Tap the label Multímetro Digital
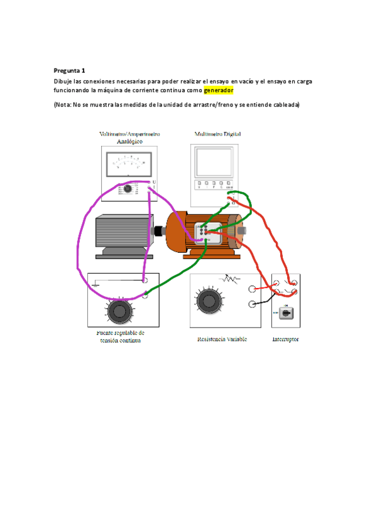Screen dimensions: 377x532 [217, 134]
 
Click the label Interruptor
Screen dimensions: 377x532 [285, 339]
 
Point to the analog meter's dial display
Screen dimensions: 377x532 [128, 164]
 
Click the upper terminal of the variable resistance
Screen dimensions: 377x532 [252, 289]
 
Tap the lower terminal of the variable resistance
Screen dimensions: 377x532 [252, 305]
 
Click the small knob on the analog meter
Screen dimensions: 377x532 [127, 188]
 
